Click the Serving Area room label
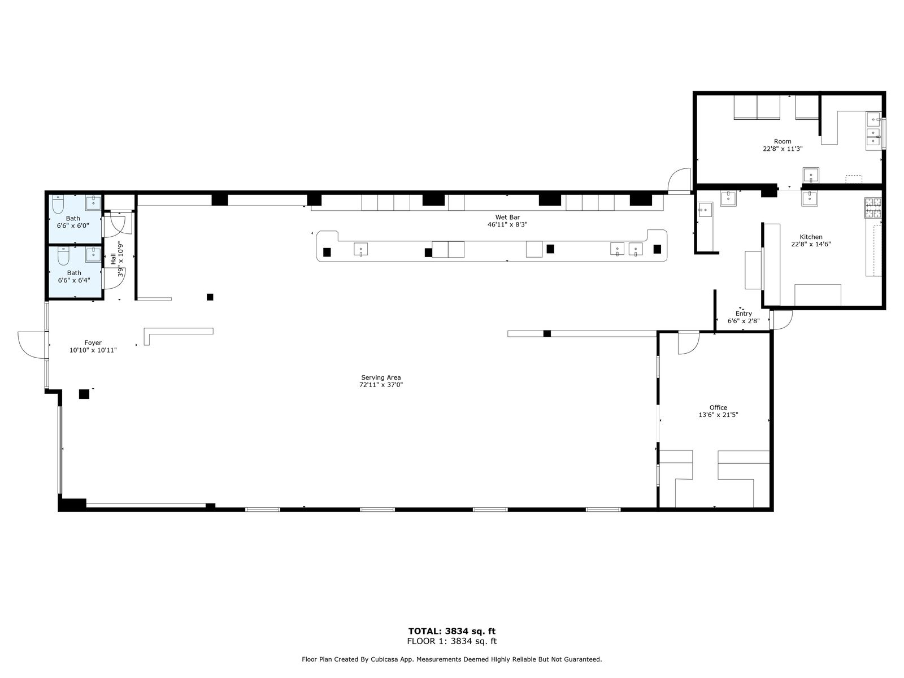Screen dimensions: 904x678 [x=381, y=377]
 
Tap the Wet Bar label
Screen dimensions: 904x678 [x=507, y=217]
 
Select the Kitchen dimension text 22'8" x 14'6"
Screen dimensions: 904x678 [x=811, y=244]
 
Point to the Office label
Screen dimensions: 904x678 [x=718, y=407]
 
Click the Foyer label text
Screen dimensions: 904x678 [x=93, y=342]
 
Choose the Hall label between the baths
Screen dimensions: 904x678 [x=113, y=259]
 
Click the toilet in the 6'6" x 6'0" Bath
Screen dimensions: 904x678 [x=58, y=204]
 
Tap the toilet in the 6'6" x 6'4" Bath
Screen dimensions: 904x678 [x=63, y=256]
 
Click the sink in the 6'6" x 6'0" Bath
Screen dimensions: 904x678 [x=93, y=202]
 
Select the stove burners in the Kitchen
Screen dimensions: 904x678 [x=873, y=208]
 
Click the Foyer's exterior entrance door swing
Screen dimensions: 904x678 [x=31, y=345]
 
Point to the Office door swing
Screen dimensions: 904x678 [x=689, y=343]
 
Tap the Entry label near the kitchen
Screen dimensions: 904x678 [x=744, y=313]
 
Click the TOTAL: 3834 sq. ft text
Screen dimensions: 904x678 [x=452, y=631]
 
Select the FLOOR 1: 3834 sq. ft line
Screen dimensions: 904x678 [x=452, y=641]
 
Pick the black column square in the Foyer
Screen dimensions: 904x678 [x=84, y=394]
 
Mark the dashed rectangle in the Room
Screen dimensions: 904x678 [x=854, y=179]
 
